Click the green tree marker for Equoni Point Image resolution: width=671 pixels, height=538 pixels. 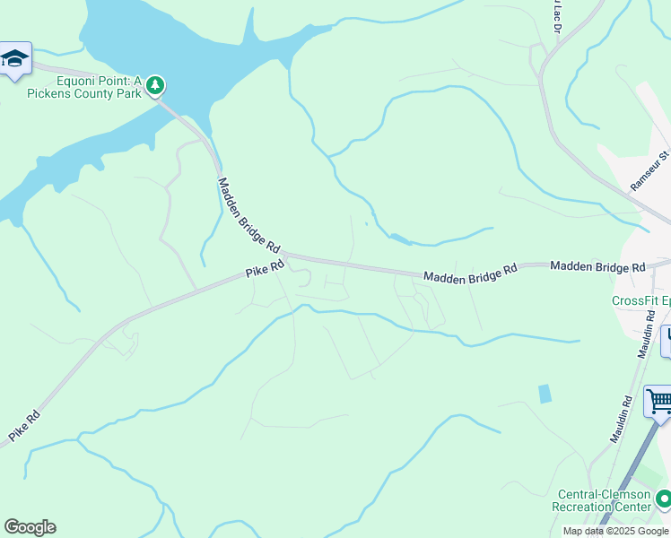pos(156,84)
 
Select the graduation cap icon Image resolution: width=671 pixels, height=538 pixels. pos(14,60)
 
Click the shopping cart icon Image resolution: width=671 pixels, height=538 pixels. pos(658,401)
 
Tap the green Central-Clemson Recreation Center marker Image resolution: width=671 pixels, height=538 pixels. pos(663,498)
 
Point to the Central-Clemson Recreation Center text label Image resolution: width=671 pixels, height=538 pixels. pos(605,500)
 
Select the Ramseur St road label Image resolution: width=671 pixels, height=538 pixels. pos(650,169)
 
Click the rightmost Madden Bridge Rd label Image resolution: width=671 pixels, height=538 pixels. pos(597,267)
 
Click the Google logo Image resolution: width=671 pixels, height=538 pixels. pos(30,527)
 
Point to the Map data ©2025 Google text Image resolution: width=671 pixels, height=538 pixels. pos(615,531)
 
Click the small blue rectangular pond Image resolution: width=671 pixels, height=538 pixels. pos(545,394)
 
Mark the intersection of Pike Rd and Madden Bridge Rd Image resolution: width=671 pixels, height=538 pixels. pos(285,256)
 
